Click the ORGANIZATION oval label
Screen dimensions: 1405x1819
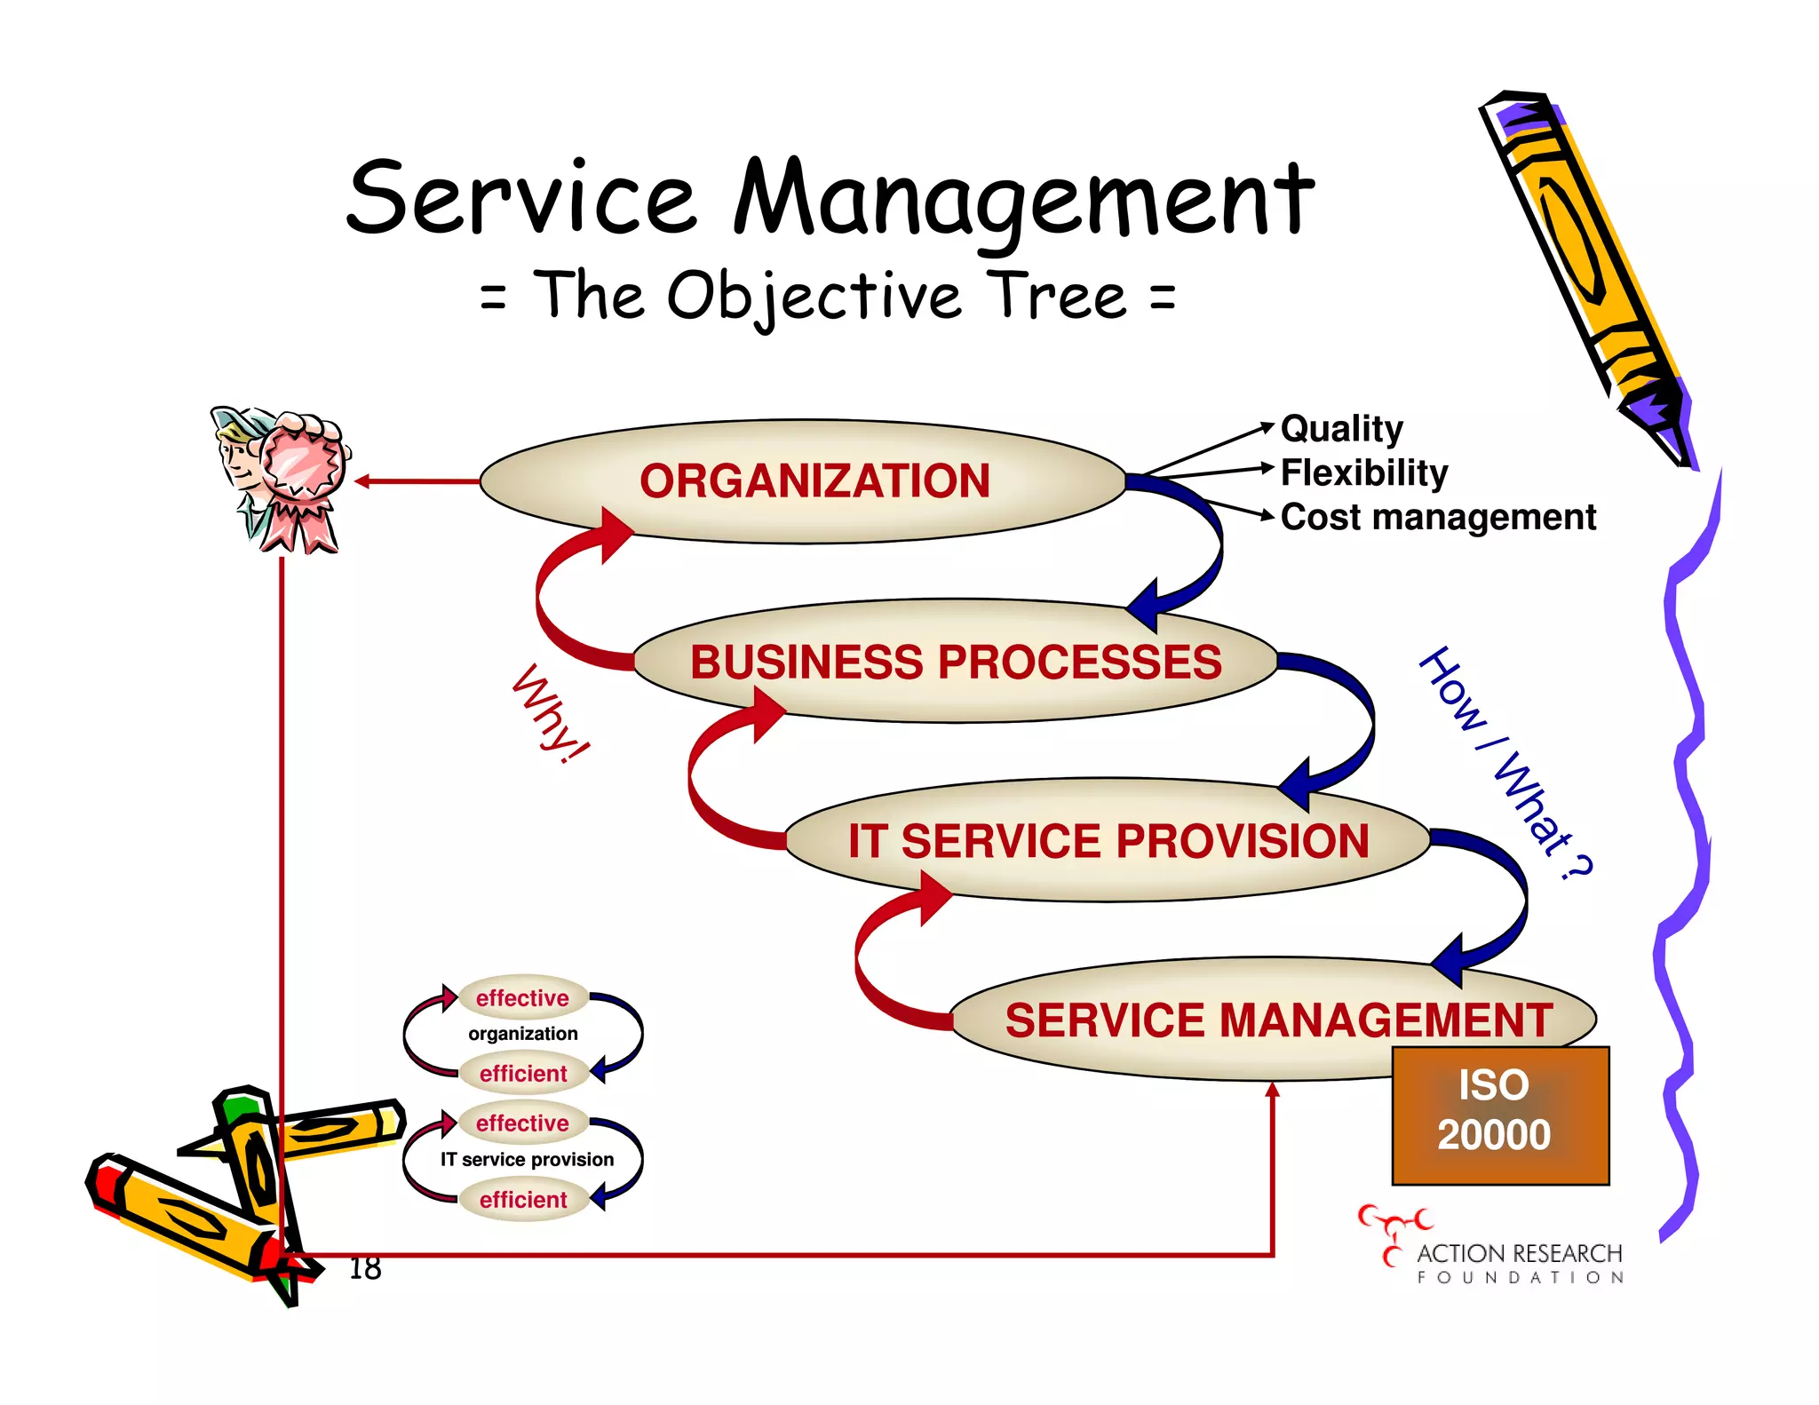(814, 481)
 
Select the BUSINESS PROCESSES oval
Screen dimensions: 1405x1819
(956, 663)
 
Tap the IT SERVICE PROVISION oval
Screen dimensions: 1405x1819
(1108, 841)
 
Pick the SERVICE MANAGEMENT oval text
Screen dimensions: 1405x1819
(1278, 1020)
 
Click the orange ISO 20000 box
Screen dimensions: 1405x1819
(1499, 1114)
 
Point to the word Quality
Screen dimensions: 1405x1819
(1341, 429)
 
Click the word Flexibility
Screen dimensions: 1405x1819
(1363, 472)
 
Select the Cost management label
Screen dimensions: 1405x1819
(1438, 517)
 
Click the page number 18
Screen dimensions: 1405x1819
(365, 1268)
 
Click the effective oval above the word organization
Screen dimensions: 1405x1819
(522, 998)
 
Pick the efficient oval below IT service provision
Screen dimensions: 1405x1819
(523, 1200)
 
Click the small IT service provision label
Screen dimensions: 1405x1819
(527, 1160)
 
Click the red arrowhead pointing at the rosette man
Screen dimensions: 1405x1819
(362, 481)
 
